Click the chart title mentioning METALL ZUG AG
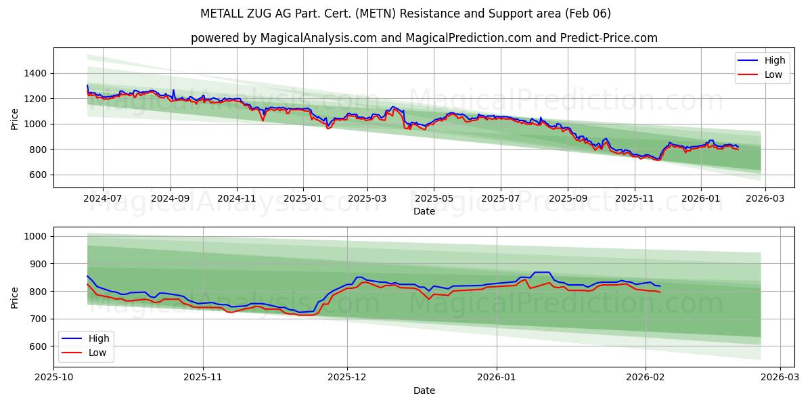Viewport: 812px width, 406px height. click(x=405, y=14)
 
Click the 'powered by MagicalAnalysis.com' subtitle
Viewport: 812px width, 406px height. click(x=424, y=38)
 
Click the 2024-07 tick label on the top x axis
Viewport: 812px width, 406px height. click(x=103, y=198)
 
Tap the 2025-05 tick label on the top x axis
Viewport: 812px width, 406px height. click(x=434, y=198)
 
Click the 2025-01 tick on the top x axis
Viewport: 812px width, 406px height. click(x=302, y=198)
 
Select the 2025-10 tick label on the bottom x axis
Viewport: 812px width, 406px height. click(x=53, y=378)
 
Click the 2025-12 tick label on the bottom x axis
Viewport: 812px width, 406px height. click(x=347, y=378)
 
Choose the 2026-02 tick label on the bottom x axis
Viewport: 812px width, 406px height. click(x=646, y=378)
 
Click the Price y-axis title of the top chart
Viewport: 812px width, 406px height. click(x=15, y=118)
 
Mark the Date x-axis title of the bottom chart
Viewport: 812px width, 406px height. click(x=424, y=390)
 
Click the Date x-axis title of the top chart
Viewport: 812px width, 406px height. click(x=424, y=211)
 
